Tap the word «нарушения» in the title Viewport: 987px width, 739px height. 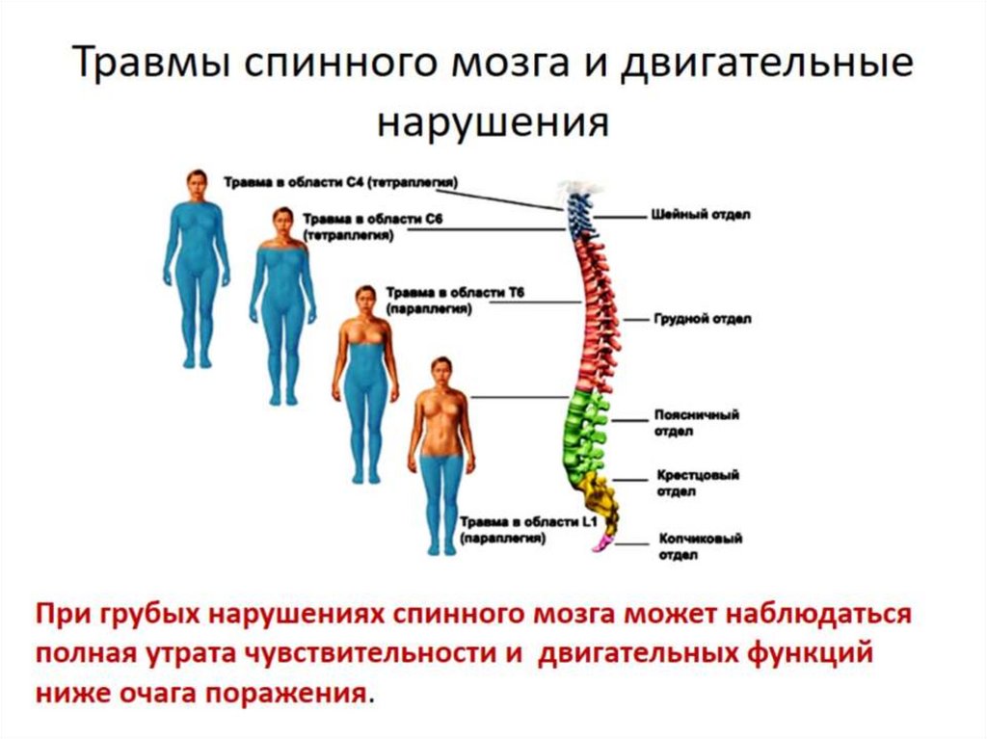[493, 123]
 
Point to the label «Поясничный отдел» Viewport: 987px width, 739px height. [697, 423]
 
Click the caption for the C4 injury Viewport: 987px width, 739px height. [340, 181]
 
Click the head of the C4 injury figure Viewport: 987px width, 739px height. [197, 183]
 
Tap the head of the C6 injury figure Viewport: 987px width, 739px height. [282, 224]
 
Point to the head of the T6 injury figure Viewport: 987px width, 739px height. [364, 300]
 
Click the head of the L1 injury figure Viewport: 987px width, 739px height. [440, 372]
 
